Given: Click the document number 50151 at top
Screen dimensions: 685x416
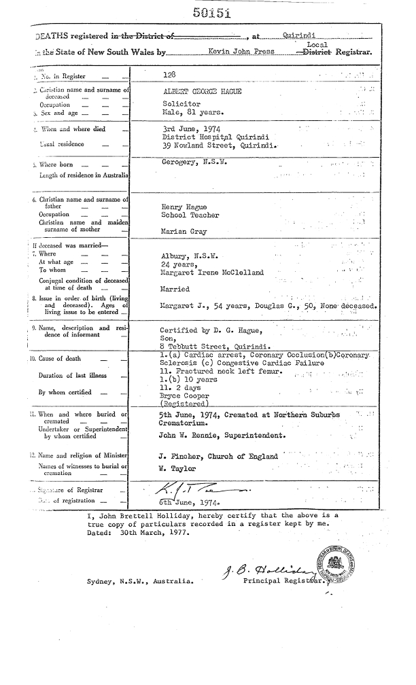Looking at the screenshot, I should tap(212, 12).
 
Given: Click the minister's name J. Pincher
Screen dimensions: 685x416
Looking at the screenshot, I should tap(180, 456).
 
